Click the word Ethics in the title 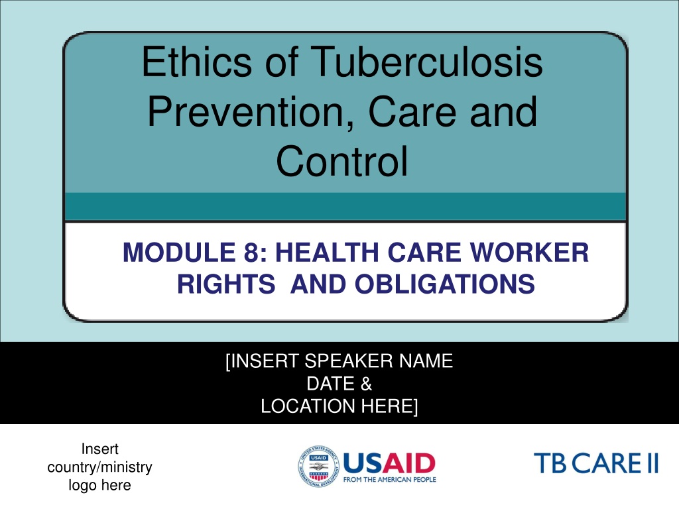(196, 62)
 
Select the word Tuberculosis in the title (426, 62)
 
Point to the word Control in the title (341, 161)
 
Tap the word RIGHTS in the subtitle (226, 284)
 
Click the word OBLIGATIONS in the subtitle (444, 284)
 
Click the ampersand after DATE (366, 384)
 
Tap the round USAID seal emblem (318, 467)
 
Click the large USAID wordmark (389, 463)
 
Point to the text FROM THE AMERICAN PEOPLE (389, 480)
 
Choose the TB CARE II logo (596, 463)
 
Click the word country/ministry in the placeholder (99, 467)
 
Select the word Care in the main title (410, 111)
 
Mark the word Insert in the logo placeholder (99, 449)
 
